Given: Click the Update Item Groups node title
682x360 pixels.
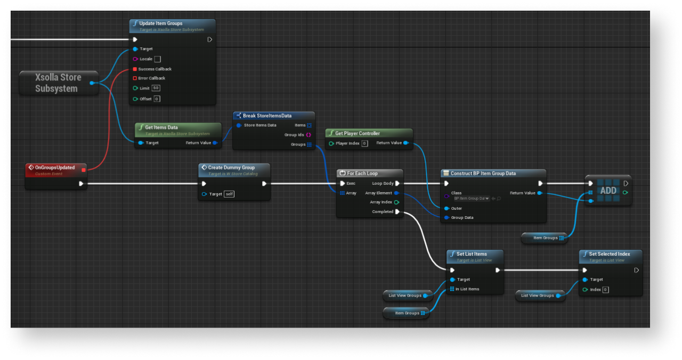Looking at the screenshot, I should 160,23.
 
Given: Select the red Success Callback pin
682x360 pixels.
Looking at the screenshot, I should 135,69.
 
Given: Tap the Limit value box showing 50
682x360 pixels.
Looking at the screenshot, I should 156,88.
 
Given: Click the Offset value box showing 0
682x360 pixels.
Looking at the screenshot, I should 157,99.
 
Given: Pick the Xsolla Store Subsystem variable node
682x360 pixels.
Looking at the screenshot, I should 58,83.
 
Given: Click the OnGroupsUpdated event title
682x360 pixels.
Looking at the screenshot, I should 55,167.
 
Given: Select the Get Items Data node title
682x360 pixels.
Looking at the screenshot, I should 161,127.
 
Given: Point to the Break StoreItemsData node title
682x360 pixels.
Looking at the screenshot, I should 267,116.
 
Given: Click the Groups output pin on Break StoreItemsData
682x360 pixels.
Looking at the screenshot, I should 309,144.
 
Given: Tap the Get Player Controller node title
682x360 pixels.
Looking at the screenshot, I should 358,133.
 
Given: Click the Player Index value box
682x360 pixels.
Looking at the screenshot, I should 364,143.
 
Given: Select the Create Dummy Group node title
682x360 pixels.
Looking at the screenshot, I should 231,167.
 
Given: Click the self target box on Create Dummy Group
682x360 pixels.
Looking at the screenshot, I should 229,194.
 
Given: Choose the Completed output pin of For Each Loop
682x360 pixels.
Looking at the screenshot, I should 397,211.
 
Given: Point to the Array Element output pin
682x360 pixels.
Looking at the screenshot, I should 396,193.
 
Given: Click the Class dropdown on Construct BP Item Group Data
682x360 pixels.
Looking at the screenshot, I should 471,198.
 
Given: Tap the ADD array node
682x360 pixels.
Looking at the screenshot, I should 608,191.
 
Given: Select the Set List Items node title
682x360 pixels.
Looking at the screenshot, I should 472,254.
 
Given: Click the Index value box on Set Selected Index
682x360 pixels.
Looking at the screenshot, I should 605,290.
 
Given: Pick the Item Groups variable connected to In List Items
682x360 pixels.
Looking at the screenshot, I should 407,313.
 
